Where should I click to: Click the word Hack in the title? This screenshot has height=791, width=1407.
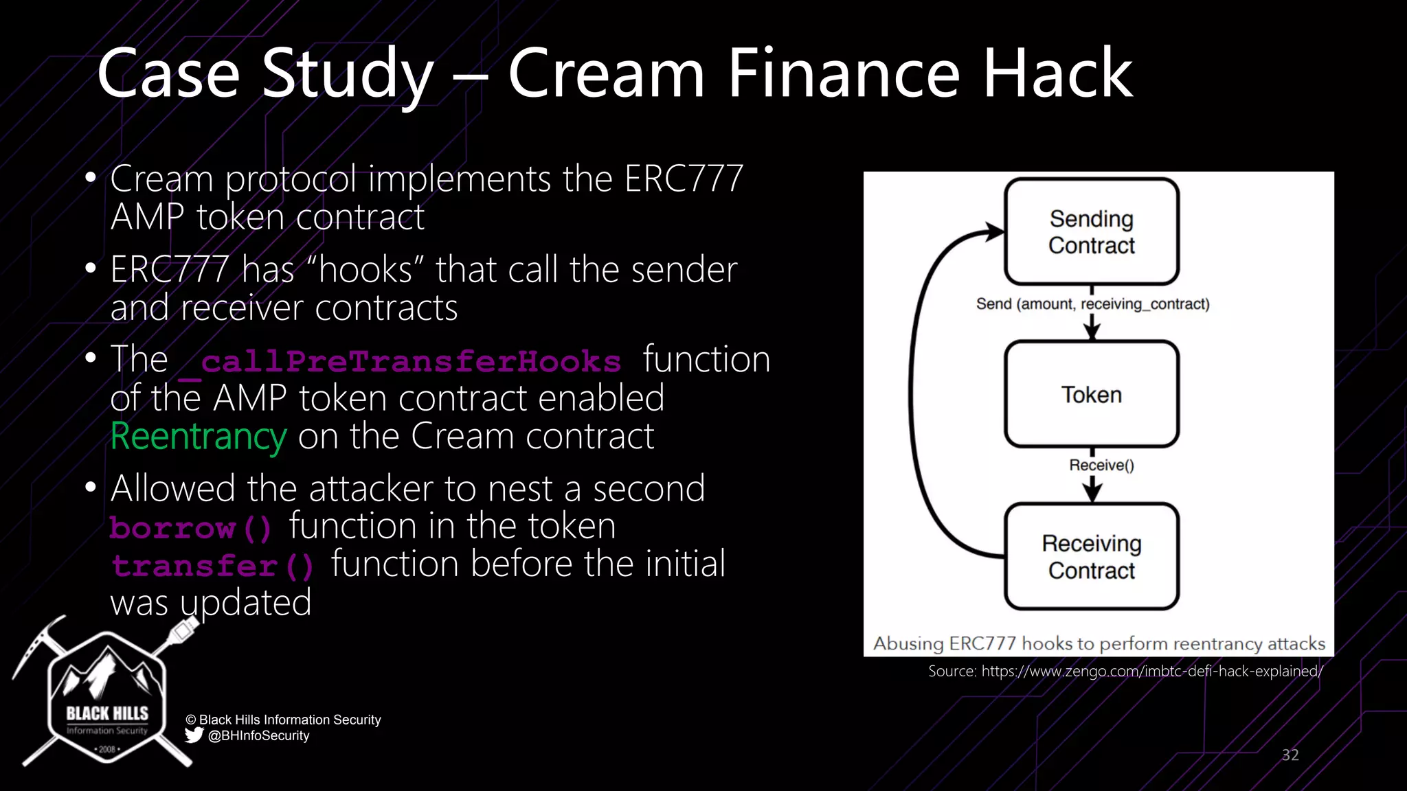click(1058, 73)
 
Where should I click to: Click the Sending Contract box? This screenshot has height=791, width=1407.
click(1092, 232)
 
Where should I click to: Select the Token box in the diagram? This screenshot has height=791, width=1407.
click(1092, 395)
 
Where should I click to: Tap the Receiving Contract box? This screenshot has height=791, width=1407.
click(1092, 557)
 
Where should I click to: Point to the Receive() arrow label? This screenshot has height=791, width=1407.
click(1101, 466)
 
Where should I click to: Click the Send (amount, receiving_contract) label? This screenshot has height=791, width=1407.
click(1092, 304)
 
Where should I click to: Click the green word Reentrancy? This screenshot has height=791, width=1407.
click(199, 437)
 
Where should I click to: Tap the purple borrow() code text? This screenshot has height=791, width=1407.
click(191, 528)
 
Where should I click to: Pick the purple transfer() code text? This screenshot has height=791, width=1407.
click(212, 566)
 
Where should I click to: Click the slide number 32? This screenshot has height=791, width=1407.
click(1290, 755)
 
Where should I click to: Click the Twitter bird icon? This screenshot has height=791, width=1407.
click(194, 735)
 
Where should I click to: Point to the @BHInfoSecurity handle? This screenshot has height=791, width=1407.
click(258, 736)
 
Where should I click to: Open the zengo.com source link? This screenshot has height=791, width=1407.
click(1151, 672)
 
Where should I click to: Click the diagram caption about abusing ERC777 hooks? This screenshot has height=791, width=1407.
click(1099, 643)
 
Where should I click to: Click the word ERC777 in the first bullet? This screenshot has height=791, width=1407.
click(684, 179)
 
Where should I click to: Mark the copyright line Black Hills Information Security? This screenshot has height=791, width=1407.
click(283, 720)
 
